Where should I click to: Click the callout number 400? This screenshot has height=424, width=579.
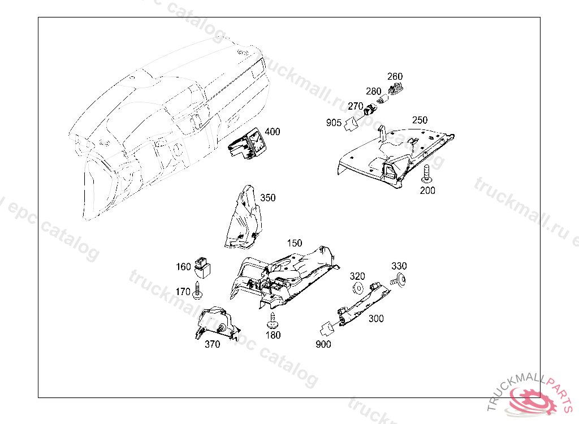(x=272, y=132)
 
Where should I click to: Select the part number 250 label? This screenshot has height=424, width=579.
(x=420, y=120)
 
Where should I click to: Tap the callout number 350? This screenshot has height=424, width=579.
(x=268, y=198)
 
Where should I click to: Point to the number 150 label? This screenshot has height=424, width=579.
(x=294, y=243)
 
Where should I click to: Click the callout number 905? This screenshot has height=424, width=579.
(x=334, y=123)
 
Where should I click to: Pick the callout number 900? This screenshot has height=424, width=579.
(x=323, y=344)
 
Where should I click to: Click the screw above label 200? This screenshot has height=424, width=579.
(x=427, y=172)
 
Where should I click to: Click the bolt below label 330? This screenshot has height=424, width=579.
(x=400, y=279)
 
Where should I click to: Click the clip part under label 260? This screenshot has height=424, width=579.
(x=397, y=87)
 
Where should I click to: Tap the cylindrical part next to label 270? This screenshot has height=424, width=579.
(x=371, y=109)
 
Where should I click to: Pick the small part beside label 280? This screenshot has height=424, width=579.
(x=382, y=100)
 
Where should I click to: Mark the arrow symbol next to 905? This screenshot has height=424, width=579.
(x=352, y=123)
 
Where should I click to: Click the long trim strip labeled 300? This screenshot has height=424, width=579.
(x=362, y=304)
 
